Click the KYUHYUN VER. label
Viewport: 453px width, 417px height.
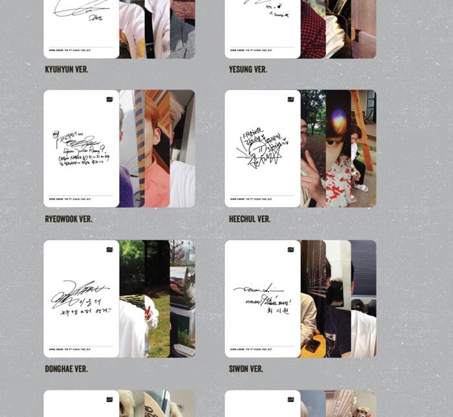pyautogui.click(x=67, y=69)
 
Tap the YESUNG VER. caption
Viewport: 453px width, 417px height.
pyautogui.click(x=248, y=69)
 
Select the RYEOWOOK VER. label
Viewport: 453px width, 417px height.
pyautogui.click(x=69, y=219)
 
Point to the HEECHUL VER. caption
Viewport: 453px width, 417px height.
pyautogui.click(x=250, y=219)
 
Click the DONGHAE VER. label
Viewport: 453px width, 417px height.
pyautogui.click(x=67, y=369)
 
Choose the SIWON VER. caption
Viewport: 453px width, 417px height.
pyautogui.click(x=246, y=369)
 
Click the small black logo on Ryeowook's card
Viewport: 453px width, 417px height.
pyautogui.click(x=110, y=99)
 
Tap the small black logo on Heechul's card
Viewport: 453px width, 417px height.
pyautogui.click(x=291, y=99)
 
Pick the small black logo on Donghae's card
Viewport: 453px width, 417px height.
pyautogui.click(x=110, y=249)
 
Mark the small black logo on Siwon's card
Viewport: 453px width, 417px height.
pyautogui.click(x=291, y=249)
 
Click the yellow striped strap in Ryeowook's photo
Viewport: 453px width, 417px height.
pyautogui.click(x=140, y=149)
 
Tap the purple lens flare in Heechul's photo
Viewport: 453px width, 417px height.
pyautogui.click(x=339, y=121)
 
